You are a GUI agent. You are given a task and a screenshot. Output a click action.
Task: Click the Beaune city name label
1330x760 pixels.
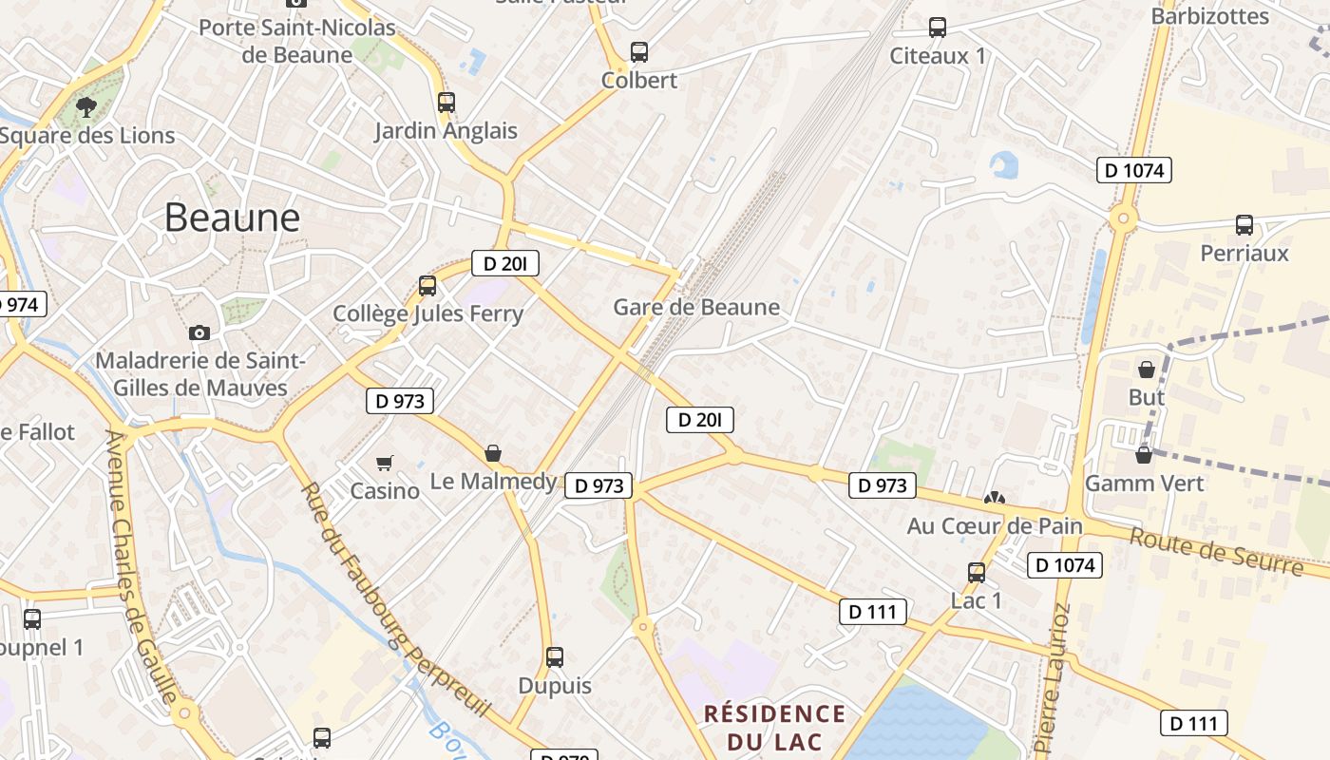(232, 218)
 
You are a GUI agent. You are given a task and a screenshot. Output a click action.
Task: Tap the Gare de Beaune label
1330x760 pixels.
(696, 307)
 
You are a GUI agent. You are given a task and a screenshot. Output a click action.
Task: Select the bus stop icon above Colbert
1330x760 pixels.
(639, 52)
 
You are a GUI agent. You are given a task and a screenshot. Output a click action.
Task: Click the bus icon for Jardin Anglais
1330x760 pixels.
(446, 102)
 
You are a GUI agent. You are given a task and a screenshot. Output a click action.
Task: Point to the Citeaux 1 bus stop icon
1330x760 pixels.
(938, 28)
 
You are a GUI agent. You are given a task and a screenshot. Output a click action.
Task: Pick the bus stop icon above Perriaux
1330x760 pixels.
(1244, 225)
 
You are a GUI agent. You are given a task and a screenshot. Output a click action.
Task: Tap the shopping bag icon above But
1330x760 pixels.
(1147, 369)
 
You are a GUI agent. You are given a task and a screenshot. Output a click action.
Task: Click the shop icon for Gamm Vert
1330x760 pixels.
(1144, 455)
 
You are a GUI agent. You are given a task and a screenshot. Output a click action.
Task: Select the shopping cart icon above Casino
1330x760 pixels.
(385, 463)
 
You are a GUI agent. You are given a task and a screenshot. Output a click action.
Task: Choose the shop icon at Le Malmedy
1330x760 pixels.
(492, 453)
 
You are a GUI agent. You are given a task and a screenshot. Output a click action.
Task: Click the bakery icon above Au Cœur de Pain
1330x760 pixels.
(995, 498)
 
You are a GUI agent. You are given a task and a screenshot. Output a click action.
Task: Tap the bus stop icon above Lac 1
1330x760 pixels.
(977, 572)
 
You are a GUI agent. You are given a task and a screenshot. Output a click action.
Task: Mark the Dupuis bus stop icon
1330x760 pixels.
(555, 656)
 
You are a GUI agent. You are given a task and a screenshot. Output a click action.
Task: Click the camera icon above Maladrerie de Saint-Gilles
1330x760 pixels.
(199, 332)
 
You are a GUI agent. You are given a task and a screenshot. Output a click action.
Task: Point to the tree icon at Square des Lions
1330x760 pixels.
(86, 106)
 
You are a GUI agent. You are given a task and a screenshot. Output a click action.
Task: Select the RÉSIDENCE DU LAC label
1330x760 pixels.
(774, 727)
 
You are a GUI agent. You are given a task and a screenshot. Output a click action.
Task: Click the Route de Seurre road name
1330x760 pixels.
(1216, 551)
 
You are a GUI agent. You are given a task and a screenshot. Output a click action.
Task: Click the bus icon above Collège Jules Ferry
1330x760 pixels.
(427, 285)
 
